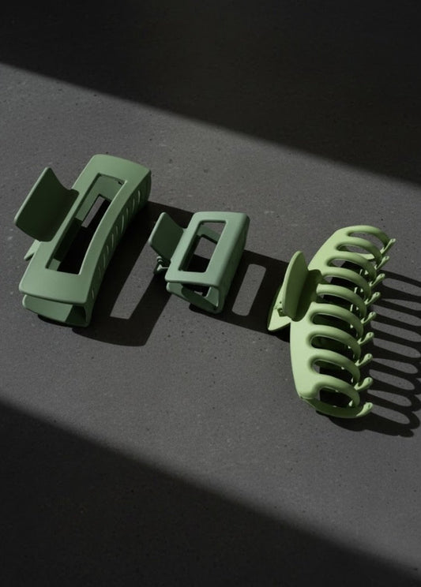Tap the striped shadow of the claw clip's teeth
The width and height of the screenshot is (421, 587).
[395, 355]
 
